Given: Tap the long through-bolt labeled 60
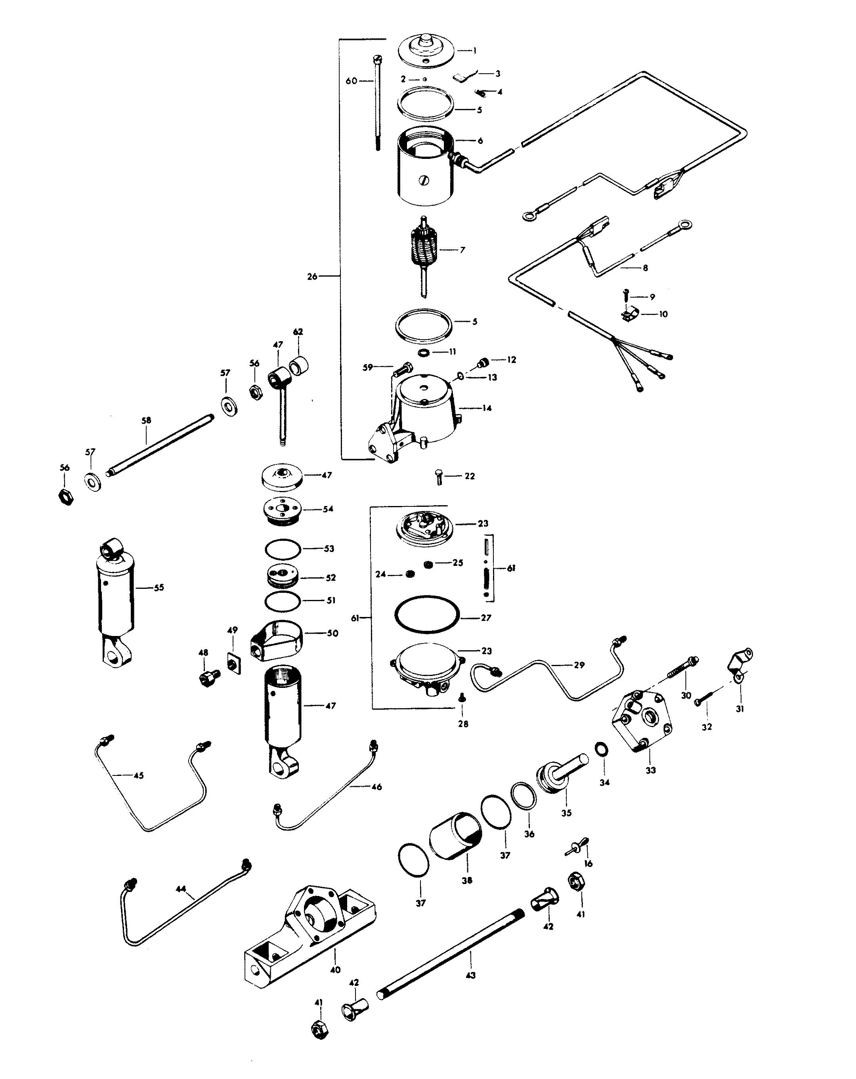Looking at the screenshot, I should (x=377, y=103).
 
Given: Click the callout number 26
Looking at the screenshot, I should (x=312, y=276).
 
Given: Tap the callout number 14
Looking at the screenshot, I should (x=487, y=408).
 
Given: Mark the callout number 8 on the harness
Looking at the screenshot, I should (x=645, y=268).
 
